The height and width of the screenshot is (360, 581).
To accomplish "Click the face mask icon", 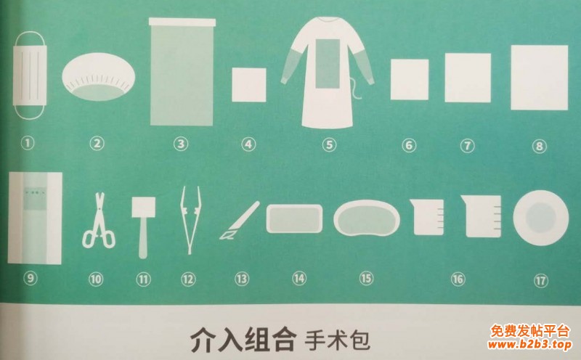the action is [x=30, y=75].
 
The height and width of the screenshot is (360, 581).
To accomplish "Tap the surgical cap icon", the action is [x=98, y=77].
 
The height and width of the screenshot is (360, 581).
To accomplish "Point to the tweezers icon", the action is [x=190, y=220].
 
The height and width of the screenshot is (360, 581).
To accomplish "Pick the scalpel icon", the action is [x=240, y=221].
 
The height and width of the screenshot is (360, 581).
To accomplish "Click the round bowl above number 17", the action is [x=540, y=218].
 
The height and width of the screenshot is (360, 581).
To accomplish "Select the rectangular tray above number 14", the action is [x=294, y=218].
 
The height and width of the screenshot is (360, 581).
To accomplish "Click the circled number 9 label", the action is [x=31, y=278].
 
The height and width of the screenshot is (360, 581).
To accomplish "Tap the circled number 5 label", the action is [x=329, y=144].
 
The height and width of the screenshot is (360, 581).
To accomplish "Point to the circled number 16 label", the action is [x=458, y=279].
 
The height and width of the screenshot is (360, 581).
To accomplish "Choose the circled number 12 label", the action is [x=188, y=279].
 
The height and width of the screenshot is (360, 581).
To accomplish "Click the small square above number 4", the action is [x=249, y=85].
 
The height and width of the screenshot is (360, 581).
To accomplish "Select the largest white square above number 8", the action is [x=539, y=78].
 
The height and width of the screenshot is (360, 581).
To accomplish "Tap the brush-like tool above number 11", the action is [x=143, y=226].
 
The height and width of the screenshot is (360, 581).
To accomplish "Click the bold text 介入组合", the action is [x=243, y=338].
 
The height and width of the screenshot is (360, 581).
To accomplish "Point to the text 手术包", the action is [x=337, y=339].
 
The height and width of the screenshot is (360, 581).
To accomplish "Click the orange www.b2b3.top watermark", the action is [x=529, y=345].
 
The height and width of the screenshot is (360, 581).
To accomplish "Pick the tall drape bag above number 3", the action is [x=182, y=72].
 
